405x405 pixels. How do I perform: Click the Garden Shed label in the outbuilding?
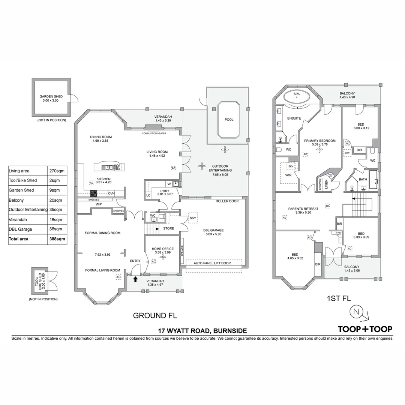coord(51,99)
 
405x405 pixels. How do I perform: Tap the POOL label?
coord(229,120)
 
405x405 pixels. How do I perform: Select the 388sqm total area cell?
coord(57,239)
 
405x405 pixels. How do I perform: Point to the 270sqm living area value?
coord(57,171)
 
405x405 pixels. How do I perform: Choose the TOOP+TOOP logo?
coord(365,329)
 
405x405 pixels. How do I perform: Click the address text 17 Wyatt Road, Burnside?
coord(202,331)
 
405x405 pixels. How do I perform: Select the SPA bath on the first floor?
coord(296,96)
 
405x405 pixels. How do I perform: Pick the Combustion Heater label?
coord(154,133)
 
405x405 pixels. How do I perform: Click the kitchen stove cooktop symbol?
coord(94,193)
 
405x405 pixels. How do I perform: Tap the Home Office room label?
coord(163,250)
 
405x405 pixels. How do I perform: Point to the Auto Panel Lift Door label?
coord(212,263)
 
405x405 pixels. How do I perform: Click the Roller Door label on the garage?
coord(227,201)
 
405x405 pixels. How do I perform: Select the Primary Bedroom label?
coord(319,142)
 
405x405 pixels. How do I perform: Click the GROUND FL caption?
coord(155,315)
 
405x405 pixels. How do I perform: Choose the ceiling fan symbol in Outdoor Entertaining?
coord(202,165)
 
